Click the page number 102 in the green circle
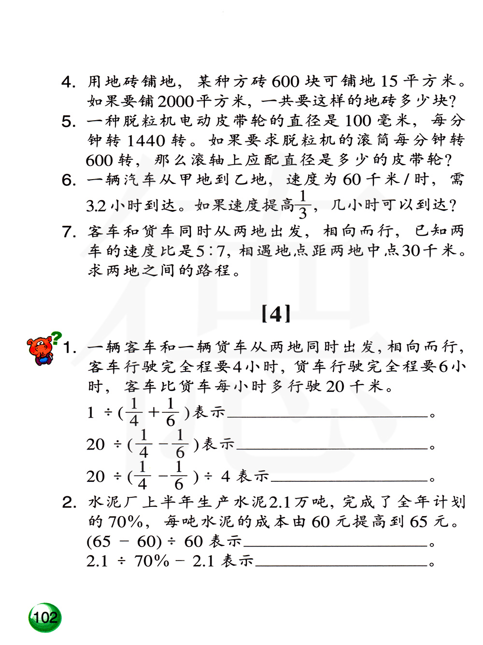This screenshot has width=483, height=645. [x=45, y=617]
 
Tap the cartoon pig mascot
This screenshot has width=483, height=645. [x=40, y=350]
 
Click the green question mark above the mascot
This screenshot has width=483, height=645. [x=57, y=337]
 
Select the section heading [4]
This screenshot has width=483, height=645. [x=276, y=314]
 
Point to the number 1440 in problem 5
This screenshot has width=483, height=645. [x=145, y=140]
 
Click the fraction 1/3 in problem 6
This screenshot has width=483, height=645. [x=303, y=205]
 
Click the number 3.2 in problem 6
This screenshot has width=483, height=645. [x=96, y=206]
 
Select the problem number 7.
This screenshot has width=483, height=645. [x=69, y=232]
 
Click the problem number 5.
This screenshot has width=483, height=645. [x=69, y=121]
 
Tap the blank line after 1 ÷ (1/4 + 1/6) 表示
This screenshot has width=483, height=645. [x=327, y=415]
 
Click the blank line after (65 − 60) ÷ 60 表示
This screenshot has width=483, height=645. [x=335, y=545]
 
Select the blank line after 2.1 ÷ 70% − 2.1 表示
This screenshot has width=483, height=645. [x=341, y=564]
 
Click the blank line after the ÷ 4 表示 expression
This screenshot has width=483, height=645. [x=349, y=480]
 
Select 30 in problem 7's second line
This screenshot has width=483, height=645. [x=411, y=251]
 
